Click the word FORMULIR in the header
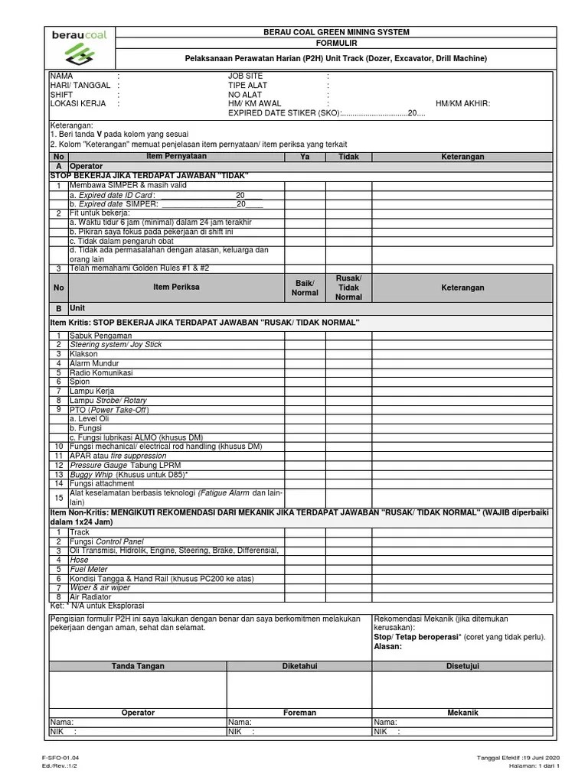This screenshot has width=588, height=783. point(336,44)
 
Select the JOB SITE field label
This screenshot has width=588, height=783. point(245,76)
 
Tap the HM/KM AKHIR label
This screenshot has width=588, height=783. point(462,103)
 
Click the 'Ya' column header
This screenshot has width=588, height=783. point(305,157)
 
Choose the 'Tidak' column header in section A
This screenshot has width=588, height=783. point(348,157)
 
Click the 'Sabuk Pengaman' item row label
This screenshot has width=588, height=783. point(100,336)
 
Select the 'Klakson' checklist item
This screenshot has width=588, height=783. point(83,354)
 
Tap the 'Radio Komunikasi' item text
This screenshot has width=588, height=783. point(101,372)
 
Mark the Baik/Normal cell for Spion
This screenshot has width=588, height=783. point(305,382)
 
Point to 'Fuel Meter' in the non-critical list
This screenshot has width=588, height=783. point(89,570)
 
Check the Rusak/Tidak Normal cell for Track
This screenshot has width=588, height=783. point(348,532)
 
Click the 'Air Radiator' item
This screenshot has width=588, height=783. point(91,597)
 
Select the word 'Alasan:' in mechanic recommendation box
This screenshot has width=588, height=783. point(387,646)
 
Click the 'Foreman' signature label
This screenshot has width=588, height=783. point(299,713)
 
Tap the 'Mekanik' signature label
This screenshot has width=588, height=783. point(462,713)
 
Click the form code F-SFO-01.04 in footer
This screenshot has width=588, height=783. point(61,758)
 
